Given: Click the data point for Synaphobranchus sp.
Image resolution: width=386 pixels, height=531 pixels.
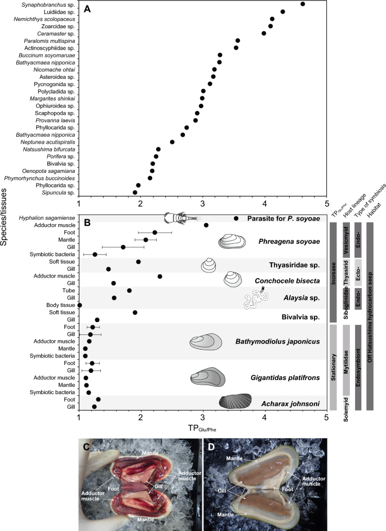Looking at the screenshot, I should [303, 4].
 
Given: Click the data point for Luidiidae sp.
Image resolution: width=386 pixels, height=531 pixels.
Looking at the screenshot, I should [283, 11].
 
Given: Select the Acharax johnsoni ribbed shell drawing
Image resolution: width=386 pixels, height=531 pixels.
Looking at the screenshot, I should [235, 401].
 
